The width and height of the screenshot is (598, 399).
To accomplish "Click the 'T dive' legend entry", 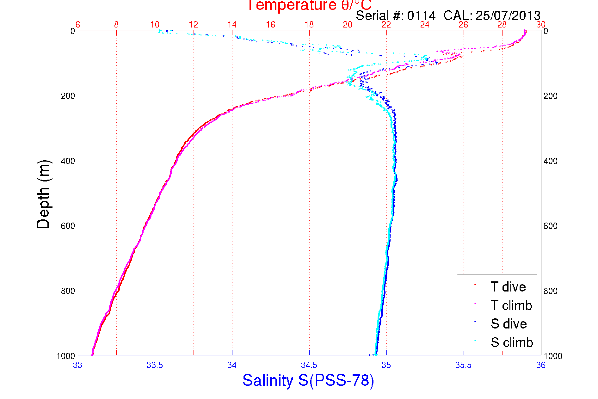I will click(x=508, y=287).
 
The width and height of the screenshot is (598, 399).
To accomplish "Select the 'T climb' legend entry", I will click(x=511, y=305).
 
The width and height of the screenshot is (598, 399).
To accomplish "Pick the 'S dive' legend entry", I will click(x=509, y=324).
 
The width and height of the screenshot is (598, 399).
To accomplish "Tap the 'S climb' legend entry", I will click(x=512, y=342).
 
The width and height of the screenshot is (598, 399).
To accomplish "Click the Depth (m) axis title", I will click(x=44, y=194).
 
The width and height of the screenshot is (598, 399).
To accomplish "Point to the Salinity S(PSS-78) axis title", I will click(x=308, y=380).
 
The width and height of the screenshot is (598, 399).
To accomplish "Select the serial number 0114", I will click(x=421, y=15).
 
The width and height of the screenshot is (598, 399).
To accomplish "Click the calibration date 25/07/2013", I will click(x=508, y=15).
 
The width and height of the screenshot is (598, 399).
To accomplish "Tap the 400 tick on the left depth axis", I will click(x=68, y=161).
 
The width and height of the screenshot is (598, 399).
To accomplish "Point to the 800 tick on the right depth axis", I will click(x=550, y=291).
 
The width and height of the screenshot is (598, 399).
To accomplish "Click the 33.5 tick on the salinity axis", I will click(x=155, y=365).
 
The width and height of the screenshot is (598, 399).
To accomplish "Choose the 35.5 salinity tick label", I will click(x=463, y=365).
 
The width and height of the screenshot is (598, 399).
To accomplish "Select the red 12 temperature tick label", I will click(x=194, y=25).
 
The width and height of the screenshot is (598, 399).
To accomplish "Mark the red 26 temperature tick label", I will click(x=463, y=25).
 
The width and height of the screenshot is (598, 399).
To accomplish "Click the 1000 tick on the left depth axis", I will click(x=66, y=356).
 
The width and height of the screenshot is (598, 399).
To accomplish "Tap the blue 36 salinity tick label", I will click(x=541, y=365).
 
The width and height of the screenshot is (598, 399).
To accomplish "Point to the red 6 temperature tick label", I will click(x=78, y=25).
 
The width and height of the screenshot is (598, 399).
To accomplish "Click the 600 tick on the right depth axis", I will click(x=550, y=226).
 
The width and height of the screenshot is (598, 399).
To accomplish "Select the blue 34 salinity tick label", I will click(x=232, y=365).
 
